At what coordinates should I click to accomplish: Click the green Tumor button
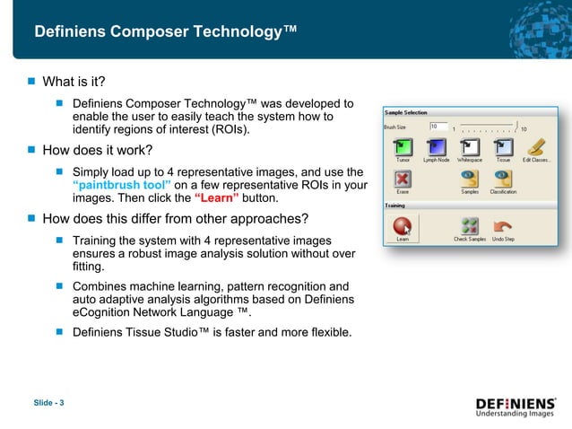tap(403, 145)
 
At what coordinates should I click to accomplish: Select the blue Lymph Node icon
tap(436, 145)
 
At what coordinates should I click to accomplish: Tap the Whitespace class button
tap(469, 145)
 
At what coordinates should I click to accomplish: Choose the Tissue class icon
tap(503, 145)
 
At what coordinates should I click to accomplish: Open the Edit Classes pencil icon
tap(537, 145)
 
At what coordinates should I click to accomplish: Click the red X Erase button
tap(403, 182)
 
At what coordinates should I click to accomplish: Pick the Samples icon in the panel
tap(470, 182)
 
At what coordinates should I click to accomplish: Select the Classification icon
tap(503, 182)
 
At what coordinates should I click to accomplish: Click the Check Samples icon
tap(470, 227)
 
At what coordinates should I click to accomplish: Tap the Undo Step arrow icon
tap(503, 227)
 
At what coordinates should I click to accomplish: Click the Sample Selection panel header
tap(406, 113)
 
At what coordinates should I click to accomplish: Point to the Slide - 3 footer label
tap(48, 401)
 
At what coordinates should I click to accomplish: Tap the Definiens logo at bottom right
tap(516, 407)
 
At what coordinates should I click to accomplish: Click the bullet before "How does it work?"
tap(31, 150)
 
